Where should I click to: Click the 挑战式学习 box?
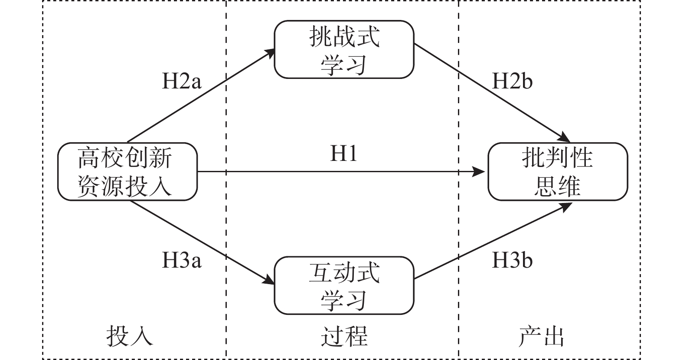click(x=344, y=49)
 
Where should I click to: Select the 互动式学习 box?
click(x=344, y=285)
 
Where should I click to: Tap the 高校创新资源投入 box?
click(x=127, y=172)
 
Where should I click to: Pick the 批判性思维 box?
click(x=558, y=172)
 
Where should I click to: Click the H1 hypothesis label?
click(x=344, y=154)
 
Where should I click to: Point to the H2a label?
click(x=182, y=81)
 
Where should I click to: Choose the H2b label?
click(x=512, y=81)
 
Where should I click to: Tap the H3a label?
click(x=182, y=261)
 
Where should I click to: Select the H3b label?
click(x=512, y=261)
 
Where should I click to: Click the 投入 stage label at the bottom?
click(x=130, y=336)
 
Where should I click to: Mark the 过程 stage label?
click(x=344, y=336)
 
